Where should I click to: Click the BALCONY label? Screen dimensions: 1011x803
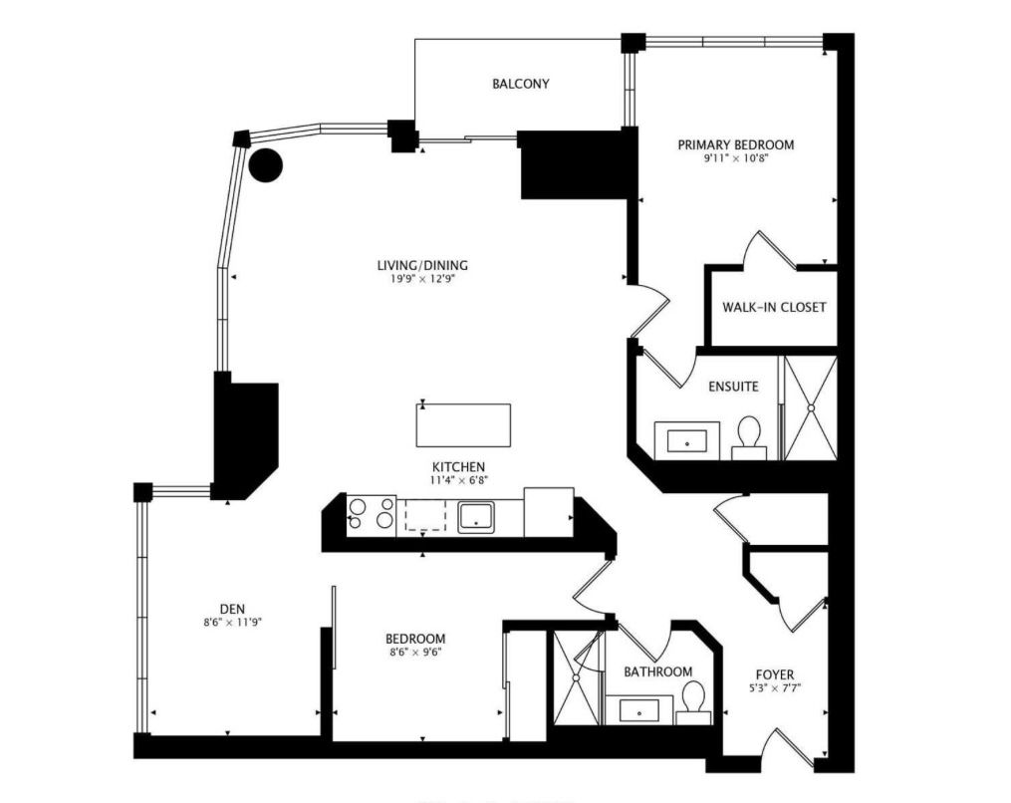point(520,84)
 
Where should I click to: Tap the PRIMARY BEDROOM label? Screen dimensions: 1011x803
point(736,145)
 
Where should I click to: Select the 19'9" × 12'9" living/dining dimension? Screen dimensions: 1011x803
point(421,279)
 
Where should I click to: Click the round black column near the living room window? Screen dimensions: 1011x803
point(266,165)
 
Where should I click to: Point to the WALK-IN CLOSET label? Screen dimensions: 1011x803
point(774,307)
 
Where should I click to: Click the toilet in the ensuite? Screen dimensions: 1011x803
point(749,437)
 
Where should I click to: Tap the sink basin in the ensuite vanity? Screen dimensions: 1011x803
point(686,441)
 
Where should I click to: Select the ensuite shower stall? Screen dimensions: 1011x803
point(811,407)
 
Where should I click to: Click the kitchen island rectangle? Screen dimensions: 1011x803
point(463,425)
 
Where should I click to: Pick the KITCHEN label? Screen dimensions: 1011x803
point(458,467)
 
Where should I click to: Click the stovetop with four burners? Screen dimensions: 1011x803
point(372,515)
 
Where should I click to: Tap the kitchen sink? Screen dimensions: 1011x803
point(476,517)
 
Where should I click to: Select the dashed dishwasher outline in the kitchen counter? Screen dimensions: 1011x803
point(425,515)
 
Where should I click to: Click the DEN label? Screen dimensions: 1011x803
point(232,609)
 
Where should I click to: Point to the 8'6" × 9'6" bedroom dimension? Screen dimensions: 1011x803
point(415,653)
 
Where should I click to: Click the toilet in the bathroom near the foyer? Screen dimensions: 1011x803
point(693,703)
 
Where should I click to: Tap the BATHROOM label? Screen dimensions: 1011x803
point(658,672)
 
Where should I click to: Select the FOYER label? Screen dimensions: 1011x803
point(775,675)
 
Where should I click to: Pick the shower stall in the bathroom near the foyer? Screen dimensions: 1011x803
point(576,677)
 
